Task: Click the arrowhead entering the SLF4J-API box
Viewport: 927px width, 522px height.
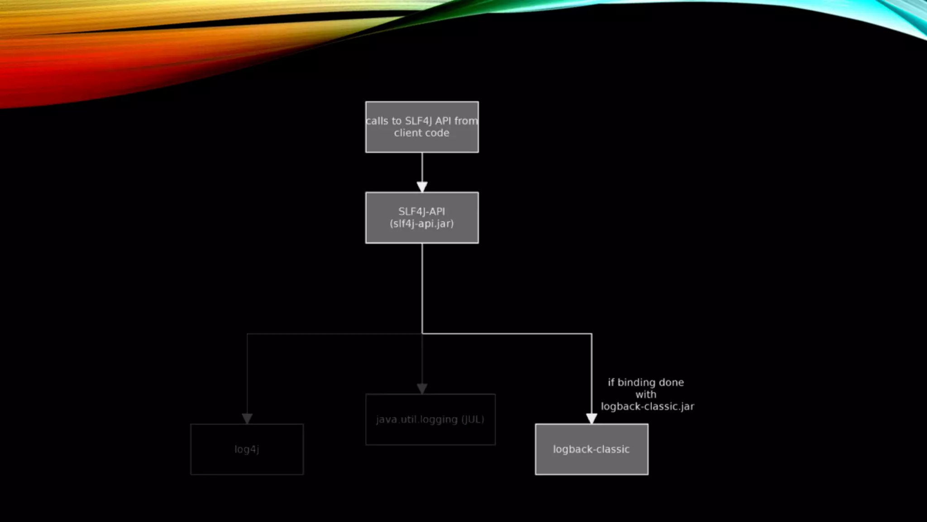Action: click(422, 187)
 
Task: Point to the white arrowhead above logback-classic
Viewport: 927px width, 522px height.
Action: click(591, 418)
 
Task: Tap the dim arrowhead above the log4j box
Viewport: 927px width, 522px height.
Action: click(247, 418)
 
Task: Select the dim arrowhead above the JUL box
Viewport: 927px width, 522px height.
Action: click(422, 388)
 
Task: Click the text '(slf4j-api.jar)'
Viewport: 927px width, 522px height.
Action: click(421, 223)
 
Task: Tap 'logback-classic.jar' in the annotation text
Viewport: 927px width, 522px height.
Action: click(647, 406)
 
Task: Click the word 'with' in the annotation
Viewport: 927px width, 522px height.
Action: click(645, 395)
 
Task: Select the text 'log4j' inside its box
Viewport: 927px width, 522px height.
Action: click(247, 449)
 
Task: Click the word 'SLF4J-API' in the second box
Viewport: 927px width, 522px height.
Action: click(421, 211)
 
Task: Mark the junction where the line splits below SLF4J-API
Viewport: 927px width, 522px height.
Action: click(422, 334)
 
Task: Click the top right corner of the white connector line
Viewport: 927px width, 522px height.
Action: click(591, 334)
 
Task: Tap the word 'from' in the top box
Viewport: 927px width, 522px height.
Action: click(466, 121)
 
